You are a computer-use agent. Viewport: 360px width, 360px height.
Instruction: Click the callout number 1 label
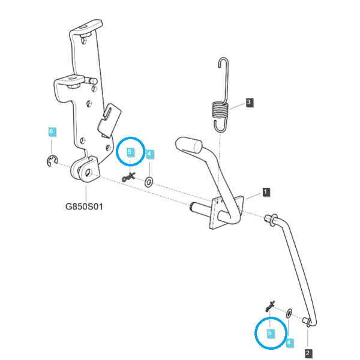click(x=266, y=192)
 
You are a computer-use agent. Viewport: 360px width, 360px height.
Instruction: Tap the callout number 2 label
click(x=308, y=353)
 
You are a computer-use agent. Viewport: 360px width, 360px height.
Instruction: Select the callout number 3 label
click(x=249, y=102)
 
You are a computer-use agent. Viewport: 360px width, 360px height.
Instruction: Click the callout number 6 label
click(x=52, y=131)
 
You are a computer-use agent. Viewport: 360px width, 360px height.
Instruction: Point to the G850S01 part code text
click(x=84, y=206)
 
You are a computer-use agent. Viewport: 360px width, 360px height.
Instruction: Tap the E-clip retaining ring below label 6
click(x=52, y=161)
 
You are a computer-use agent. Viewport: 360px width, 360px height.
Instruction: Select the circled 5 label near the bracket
click(x=130, y=152)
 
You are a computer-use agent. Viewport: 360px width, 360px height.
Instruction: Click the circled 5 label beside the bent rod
click(x=270, y=333)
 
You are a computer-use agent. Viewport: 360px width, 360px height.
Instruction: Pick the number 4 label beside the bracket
click(x=149, y=154)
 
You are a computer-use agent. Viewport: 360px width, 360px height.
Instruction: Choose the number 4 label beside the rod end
click(x=289, y=343)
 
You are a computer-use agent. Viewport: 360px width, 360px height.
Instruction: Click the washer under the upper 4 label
click(x=149, y=182)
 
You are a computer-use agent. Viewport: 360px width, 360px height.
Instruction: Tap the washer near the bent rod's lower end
click(x=289, y=313)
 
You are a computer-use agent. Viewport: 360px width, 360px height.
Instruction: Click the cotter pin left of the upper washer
click(x=128, y=177)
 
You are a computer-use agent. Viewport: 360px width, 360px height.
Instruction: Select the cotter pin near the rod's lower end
click(x=270, y=306)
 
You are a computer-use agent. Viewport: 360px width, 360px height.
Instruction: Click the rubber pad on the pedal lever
click(x=189, y=145)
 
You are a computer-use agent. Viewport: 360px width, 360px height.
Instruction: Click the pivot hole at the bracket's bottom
click(x=88, y=173)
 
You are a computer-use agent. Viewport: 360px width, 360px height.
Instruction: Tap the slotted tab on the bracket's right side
click(x=110, y=120)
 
